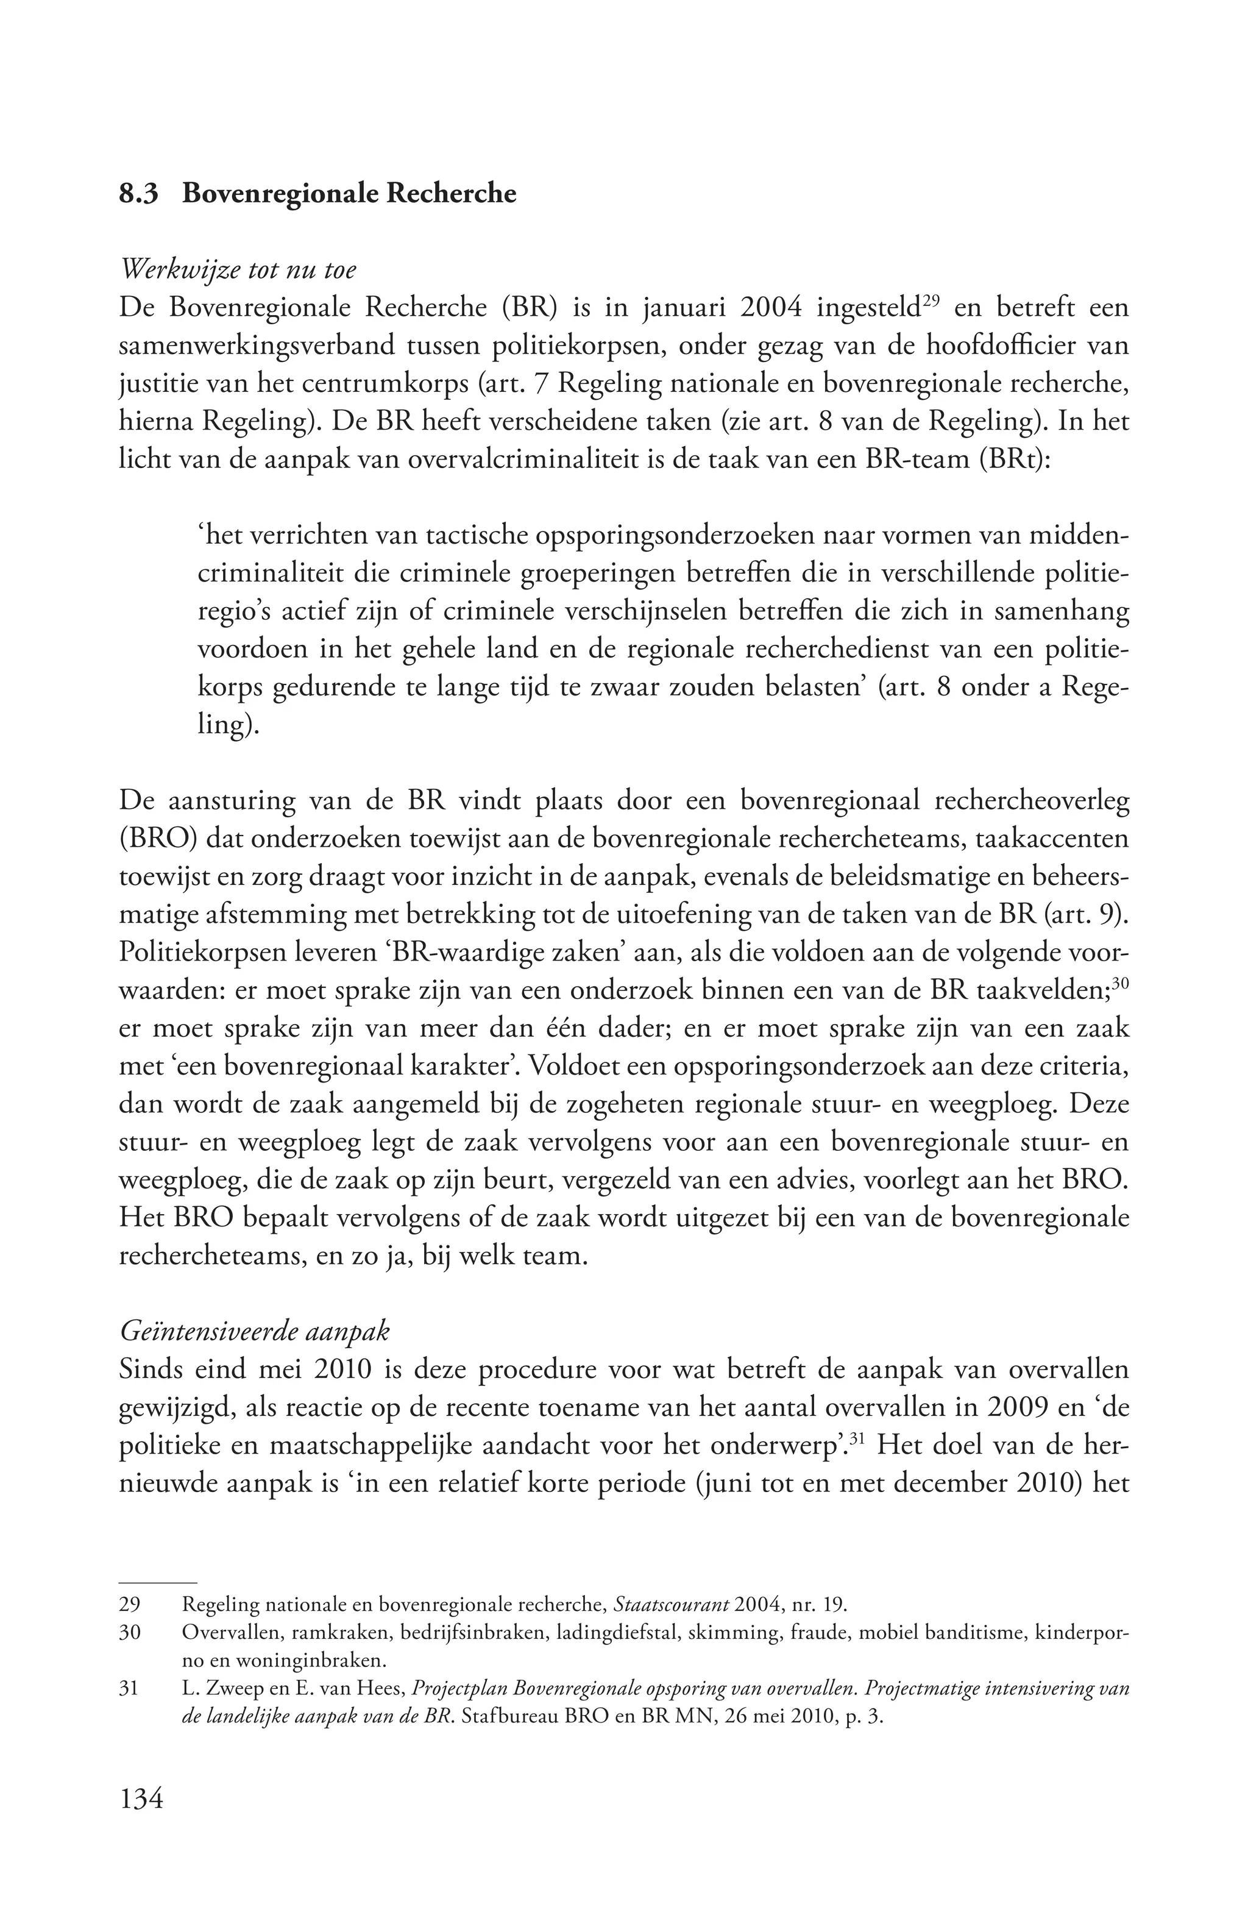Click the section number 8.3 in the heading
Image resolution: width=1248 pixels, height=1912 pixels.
click(x=140, y=195)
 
